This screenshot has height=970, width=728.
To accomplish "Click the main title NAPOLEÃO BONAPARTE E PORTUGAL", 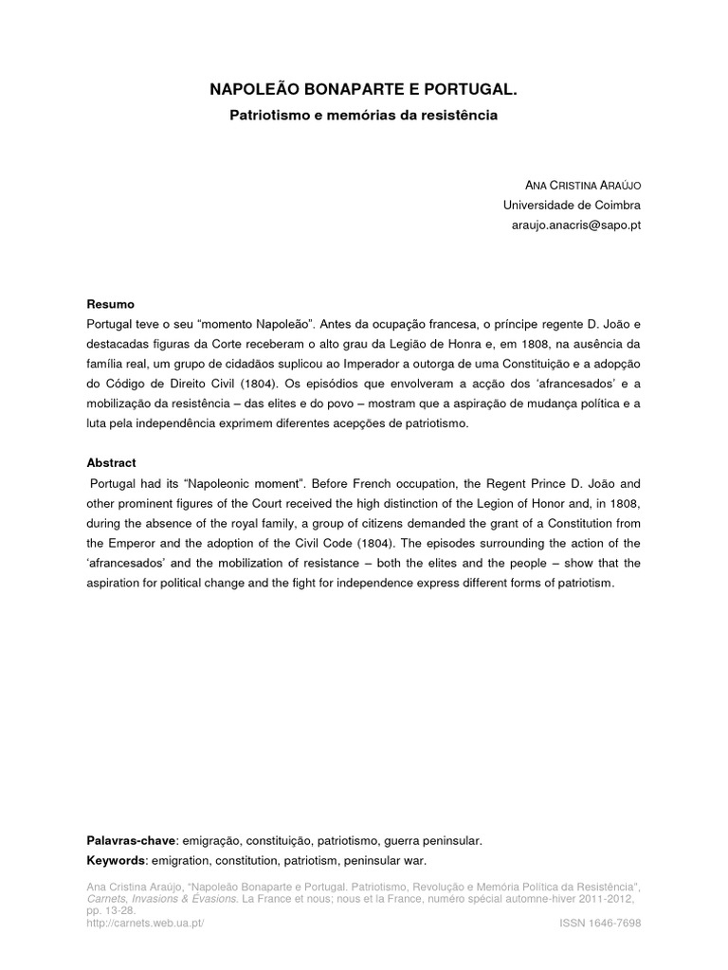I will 364,90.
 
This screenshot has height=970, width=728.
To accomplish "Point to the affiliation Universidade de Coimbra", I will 572,205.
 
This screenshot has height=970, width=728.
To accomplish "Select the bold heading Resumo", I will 110,304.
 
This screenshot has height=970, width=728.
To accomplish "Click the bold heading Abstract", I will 111,463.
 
